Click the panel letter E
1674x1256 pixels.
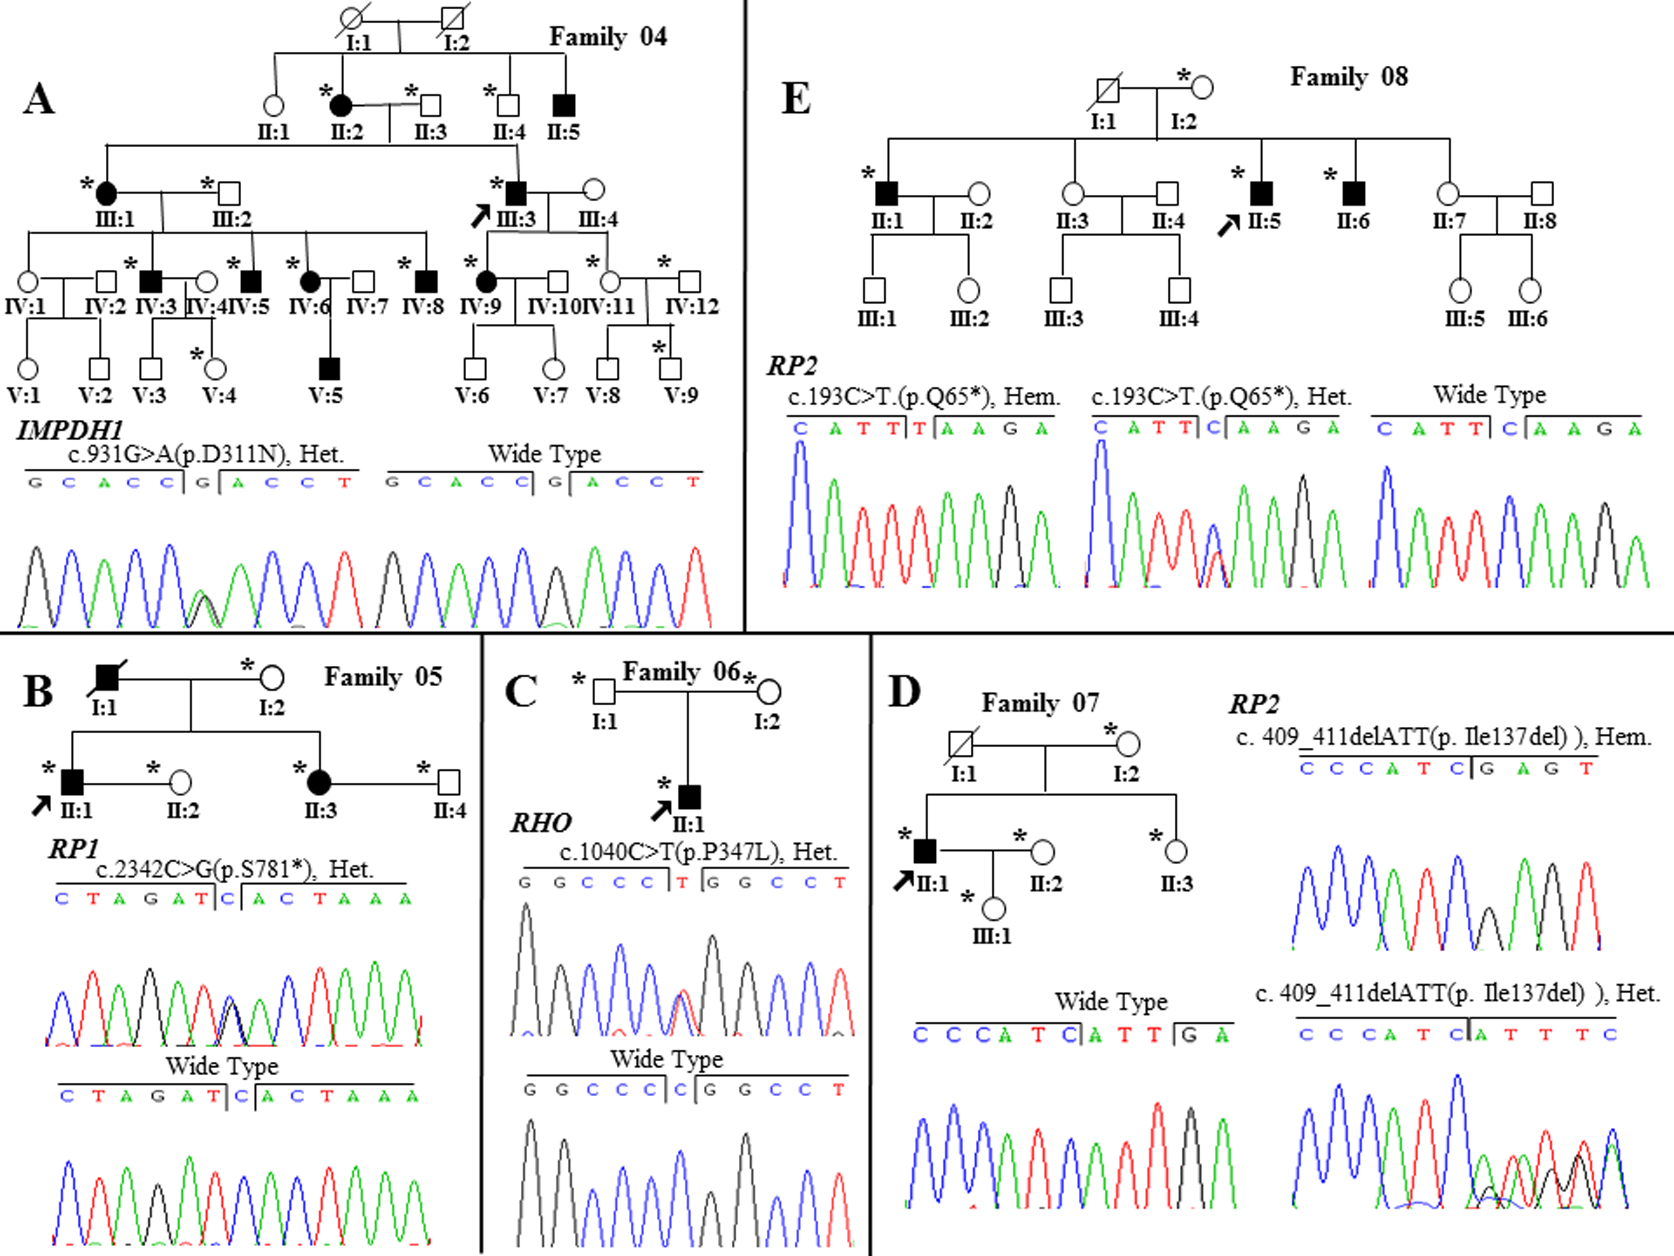[795, 99]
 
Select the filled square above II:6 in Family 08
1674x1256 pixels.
[1354, 194]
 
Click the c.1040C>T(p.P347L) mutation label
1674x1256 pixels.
[698, 852]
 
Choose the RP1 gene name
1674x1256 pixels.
[73, 849]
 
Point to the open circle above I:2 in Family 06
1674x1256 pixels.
[769, 691]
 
